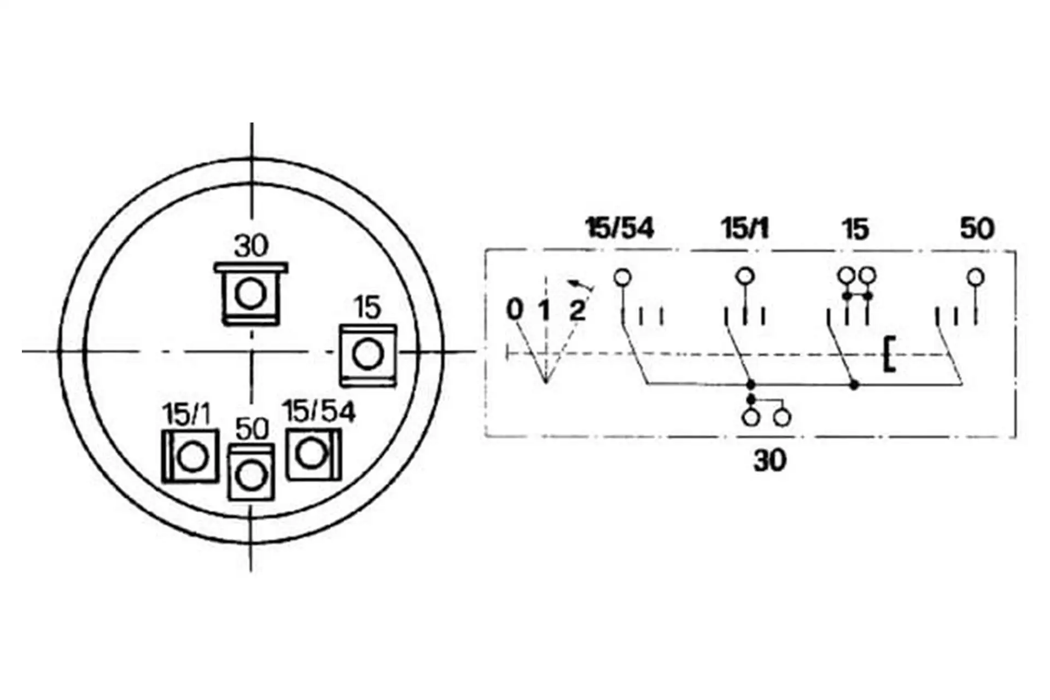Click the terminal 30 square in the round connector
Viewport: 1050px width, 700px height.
click(251, 294)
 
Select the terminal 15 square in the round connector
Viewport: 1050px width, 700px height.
click(367, 354)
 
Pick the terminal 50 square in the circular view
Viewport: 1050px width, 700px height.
click(251, 472)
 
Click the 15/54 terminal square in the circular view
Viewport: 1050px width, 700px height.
click(313, 454)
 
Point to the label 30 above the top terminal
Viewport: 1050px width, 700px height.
click(251, 246)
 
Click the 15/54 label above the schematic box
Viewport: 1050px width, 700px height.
click(620, 228)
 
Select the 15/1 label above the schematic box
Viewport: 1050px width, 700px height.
click(745, 228)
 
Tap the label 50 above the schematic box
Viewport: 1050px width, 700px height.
click(977, 228)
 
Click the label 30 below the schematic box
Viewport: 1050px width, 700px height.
click(769, 460)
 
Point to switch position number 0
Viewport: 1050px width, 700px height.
click(514, 310)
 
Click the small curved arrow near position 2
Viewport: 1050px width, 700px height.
click(580, 285)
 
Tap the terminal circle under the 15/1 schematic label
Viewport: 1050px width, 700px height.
click(744, 276)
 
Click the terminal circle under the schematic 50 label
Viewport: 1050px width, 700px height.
click(976, 277)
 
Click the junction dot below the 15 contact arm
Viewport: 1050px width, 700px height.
click(854, 385)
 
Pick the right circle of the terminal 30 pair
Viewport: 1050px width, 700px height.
click(783, 418)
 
